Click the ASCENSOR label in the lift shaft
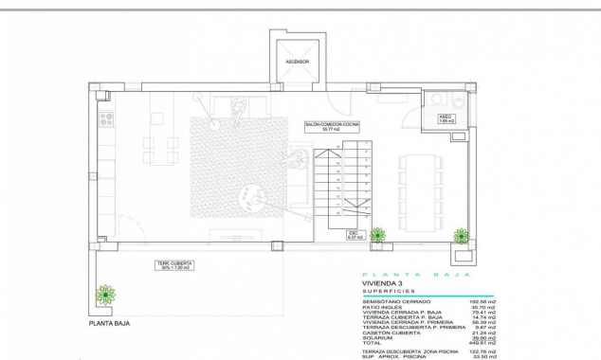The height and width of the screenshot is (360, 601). point(298,62)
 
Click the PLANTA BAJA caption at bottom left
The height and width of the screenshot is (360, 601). point(109,323)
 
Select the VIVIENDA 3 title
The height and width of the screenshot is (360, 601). point(383,283)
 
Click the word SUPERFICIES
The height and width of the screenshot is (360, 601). point(388,292)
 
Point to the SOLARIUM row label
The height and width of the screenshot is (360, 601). point(377,335)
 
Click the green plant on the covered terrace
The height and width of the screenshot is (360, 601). point(104,294)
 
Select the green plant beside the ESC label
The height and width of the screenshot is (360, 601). point(378,234)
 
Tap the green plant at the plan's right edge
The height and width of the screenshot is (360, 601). point(462,236)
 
